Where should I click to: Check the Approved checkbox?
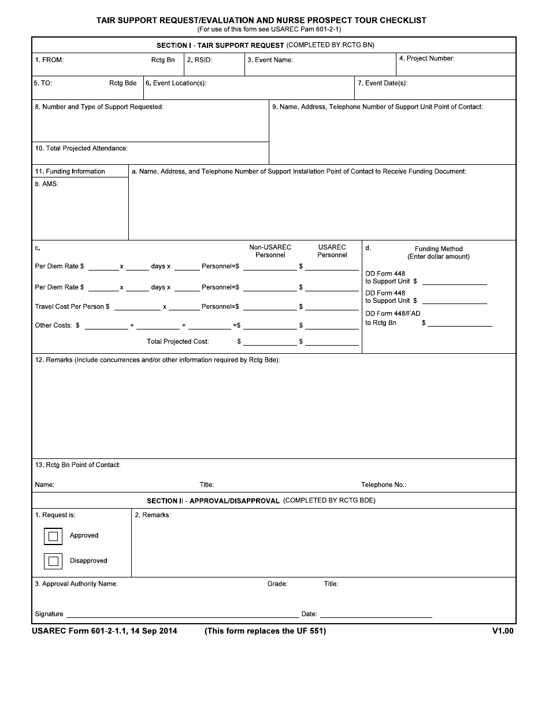tap(53, 536)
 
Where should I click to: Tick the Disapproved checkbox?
tap(53, 561)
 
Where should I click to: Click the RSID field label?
tap(199, 60)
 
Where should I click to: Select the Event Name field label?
tap(270, 60)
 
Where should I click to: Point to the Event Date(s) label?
tap(382, 83)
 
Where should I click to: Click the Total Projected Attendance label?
tap(81, 149)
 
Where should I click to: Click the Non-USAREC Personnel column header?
tap(270, 251)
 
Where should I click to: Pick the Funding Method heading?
tap(439, 253)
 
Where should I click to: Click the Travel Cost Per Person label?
tap(72, 307)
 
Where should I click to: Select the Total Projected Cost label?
tap(178, 342)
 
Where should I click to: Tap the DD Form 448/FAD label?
tap(393, 314)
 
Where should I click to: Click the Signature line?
tap(182, 614)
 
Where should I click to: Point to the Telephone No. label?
tap(384, 485)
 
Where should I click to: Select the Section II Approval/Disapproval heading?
tap(261, 501)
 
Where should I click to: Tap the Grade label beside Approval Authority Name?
tap(277, 584)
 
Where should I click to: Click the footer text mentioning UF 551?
tap(265, 631)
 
